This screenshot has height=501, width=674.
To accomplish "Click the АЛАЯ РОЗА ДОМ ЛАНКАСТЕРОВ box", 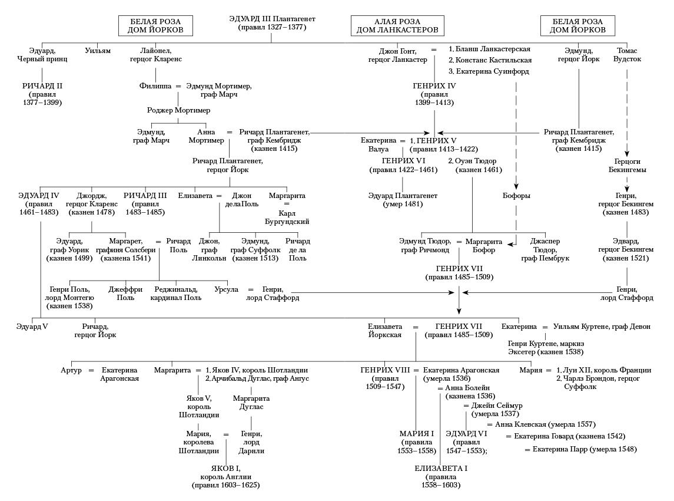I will point(397,25).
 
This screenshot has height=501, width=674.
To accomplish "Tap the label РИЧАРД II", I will point(42,86).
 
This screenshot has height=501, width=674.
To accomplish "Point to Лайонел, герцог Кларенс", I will point(156,55).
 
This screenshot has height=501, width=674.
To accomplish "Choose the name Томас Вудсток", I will point(627,55).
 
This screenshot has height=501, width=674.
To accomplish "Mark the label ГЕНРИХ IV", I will point(434,86).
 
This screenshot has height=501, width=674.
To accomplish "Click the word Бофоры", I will point(516,196).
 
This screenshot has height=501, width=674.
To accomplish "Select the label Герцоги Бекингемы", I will point(627,165).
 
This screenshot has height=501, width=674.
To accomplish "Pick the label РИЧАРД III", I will point(145,196).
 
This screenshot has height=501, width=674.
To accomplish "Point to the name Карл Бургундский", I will point(287,217).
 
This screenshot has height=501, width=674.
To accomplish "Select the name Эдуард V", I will point(32,327).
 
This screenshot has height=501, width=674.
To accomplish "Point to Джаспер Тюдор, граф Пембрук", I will point(545,250).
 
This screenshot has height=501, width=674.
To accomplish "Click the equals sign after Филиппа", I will point(178,86).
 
